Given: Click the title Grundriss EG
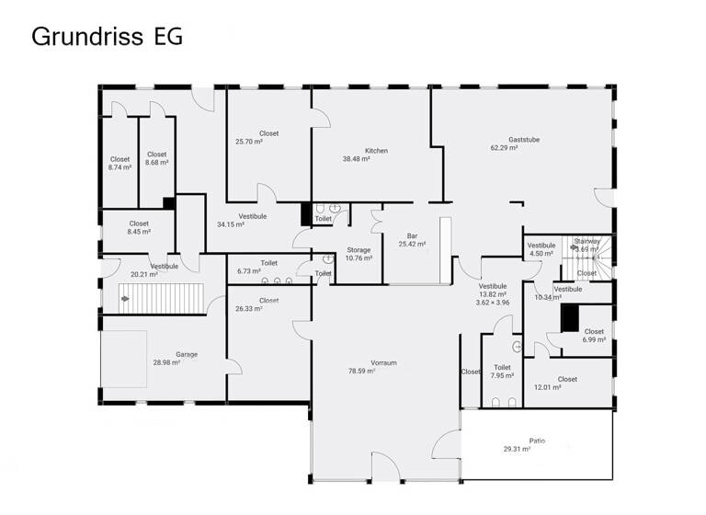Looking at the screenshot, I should click(x=107, y=36).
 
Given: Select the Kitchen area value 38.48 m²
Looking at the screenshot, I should click(x=356, y=159).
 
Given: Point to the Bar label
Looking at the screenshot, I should click(x=412, y=236).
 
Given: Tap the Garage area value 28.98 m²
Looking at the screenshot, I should click(x=166, y=363).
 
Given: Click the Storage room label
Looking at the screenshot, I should click(x=359, y=250).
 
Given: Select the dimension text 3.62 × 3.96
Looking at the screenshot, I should click(x=493, y=303).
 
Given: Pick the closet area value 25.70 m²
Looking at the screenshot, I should click(x=249, y=142).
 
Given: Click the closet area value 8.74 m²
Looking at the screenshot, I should click(x=120, y=167).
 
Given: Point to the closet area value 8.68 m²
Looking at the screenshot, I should click(x=156, y=163).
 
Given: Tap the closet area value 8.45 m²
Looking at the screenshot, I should click(x=139, y=232).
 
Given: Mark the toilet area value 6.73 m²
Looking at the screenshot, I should click(x=250, y=271).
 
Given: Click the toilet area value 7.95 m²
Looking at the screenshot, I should click(x=502, y=375).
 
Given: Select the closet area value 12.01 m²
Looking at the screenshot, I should click(x=547, y=387).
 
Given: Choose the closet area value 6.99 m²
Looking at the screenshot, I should click(x=594, y=339).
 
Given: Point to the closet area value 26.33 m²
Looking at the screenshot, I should click(x=248, y=309).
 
